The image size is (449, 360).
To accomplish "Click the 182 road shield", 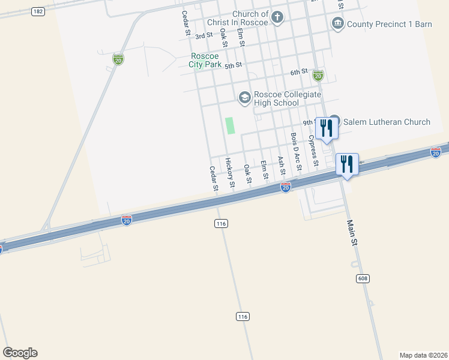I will click(38, 11).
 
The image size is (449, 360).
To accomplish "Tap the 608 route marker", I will click(362, 278).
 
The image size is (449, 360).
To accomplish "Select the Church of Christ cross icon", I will click(277, 17).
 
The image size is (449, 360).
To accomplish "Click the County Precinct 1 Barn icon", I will click(337, 24).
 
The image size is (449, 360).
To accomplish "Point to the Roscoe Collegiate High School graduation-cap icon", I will click(244, 97).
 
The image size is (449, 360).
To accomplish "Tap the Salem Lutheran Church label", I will click(387, 122).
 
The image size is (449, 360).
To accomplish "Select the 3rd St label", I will click(204, 36).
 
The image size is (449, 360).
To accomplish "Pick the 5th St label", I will click(234, 65).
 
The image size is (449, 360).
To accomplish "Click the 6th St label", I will click(298, 73).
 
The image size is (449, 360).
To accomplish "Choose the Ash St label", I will click(282, 166).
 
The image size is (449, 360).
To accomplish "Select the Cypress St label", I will click(313, 150).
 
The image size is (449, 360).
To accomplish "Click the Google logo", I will click(20, 353).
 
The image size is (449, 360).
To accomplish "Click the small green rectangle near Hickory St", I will click(229, 125).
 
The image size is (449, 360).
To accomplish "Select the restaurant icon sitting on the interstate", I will click(347, 164).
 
